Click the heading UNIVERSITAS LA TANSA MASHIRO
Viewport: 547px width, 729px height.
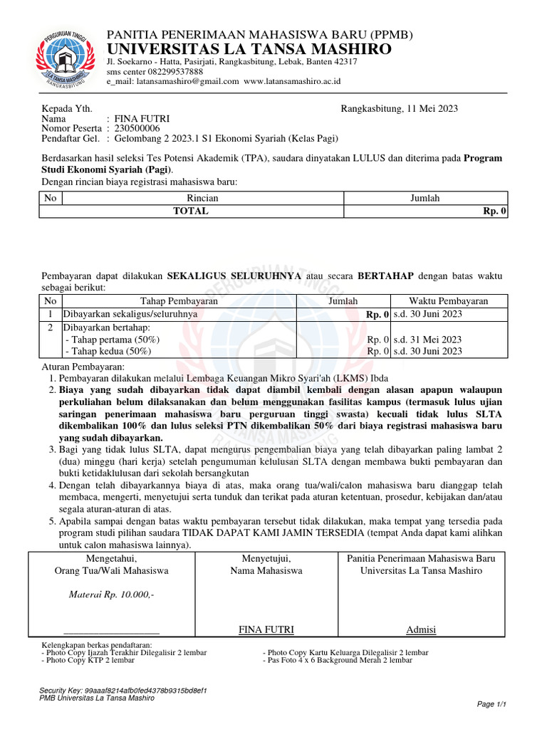click(249, 49)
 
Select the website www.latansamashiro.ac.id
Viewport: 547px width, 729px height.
click(292, 81)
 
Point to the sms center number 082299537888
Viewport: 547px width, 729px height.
click(170, 72)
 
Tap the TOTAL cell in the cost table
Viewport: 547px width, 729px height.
click(191, 211)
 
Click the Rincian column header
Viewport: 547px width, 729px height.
click(202, 199)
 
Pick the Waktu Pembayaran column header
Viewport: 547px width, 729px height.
click(448, 301)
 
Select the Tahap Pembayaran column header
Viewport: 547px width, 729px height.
click(178, 301)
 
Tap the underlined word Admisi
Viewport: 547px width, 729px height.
click(421, 630)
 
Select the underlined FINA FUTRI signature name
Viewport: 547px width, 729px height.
click(266, 630)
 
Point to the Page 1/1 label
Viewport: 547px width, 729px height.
click(491, 704)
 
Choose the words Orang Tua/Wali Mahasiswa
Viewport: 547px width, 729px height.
click(111, 571)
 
